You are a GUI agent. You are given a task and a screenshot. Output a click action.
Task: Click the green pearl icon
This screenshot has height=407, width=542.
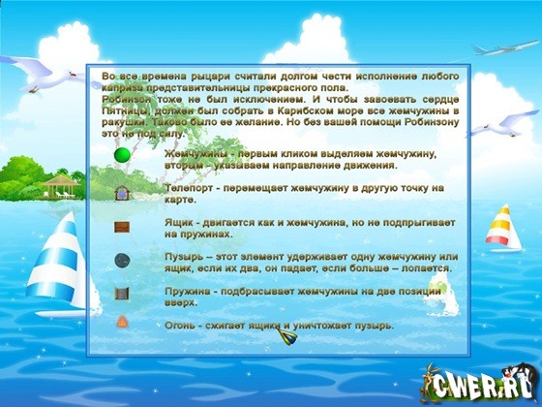click(123, 156)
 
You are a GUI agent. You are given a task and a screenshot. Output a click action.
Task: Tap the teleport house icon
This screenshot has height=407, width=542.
click(123, 192)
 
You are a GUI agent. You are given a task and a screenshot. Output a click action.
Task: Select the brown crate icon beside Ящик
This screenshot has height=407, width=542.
click(123, 227)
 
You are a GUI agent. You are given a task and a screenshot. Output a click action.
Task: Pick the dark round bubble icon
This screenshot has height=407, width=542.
click(123, 260)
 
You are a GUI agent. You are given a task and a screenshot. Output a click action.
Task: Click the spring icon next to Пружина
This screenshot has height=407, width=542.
click(123, 294)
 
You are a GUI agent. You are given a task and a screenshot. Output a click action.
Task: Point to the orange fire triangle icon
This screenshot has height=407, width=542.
click(123, 322)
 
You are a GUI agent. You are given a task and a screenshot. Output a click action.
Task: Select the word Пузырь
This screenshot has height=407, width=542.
click(184, 257)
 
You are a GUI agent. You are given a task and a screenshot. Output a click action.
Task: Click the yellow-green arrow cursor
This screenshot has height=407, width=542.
click(287, 337)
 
